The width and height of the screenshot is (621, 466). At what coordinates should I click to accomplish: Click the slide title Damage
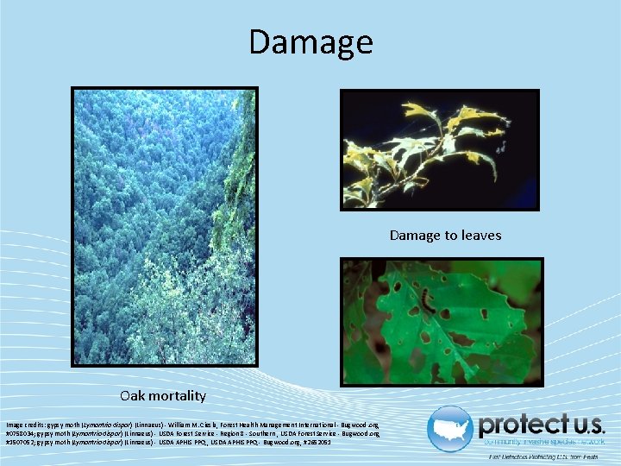click(310, 41)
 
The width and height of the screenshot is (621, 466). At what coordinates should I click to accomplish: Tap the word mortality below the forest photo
click(178, 396)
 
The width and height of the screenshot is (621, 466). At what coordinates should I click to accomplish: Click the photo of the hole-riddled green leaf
click(441, 320)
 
